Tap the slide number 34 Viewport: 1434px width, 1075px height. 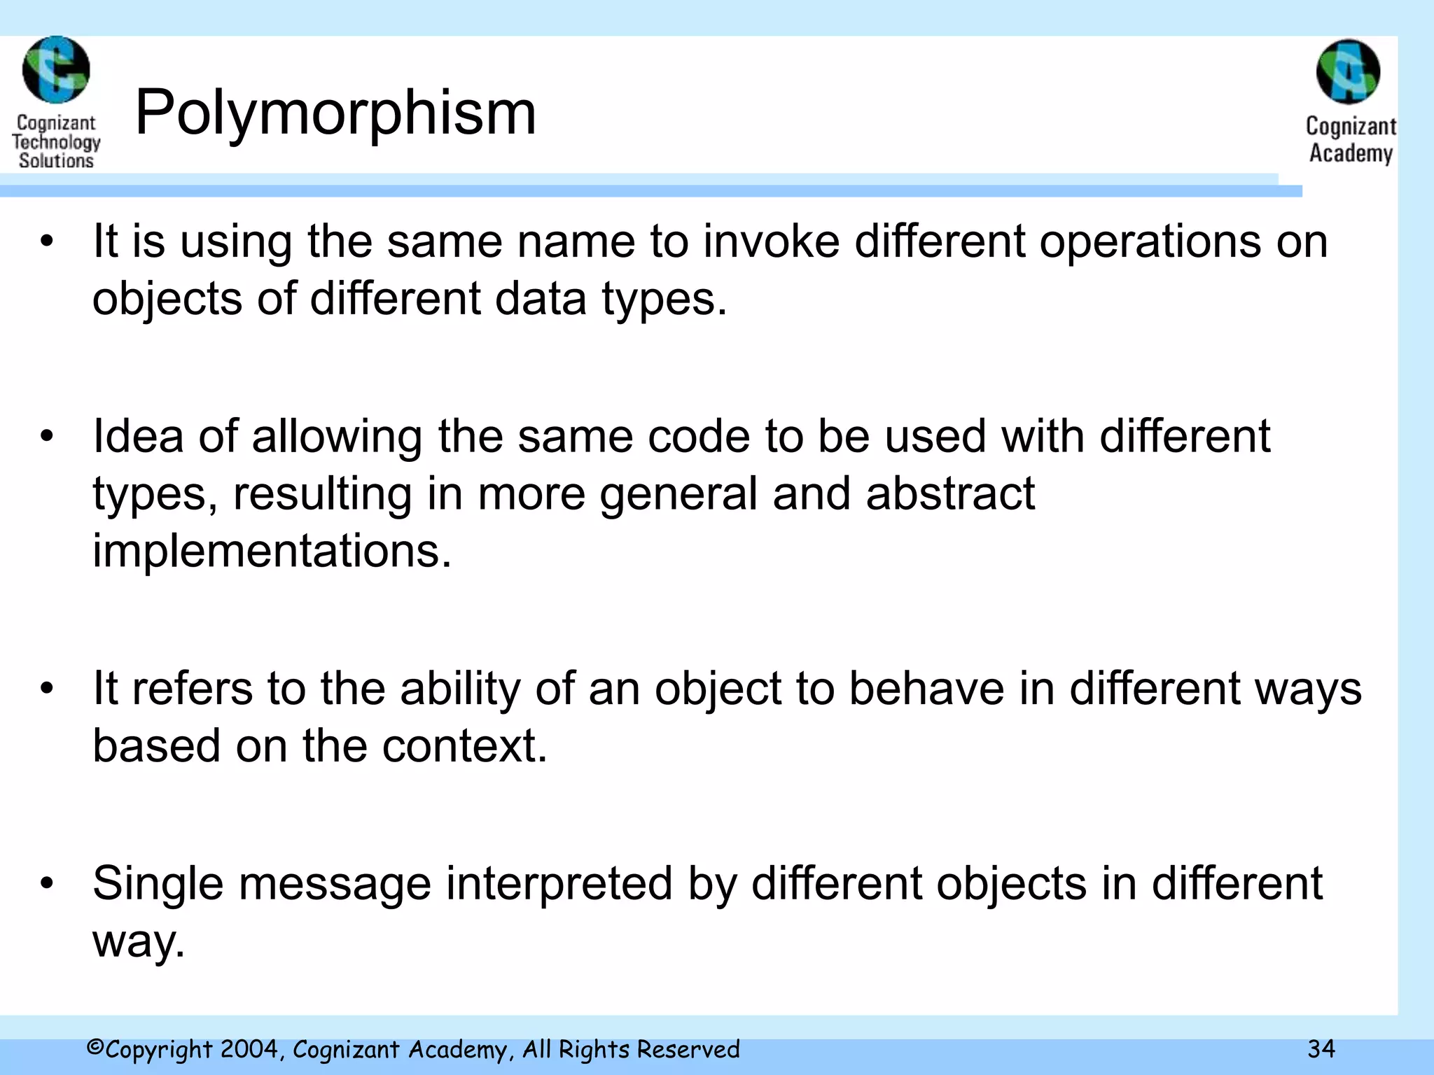point(1321,1048)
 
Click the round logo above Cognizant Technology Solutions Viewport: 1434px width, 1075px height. point(56,70)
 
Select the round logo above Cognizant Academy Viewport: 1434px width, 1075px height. point(1348,72)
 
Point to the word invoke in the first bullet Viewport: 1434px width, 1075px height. point(771,241)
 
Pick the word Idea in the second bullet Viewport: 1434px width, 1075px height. point(137,436)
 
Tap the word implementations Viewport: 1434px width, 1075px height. point(272,551)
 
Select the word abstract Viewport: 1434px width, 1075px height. point(950,493)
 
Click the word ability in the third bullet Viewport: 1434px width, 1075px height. point(460,689)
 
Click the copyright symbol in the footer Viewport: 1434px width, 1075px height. point(95,1048)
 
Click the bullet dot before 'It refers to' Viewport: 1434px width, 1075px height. point(47,689)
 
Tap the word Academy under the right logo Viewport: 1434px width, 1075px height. point(1351,153)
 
